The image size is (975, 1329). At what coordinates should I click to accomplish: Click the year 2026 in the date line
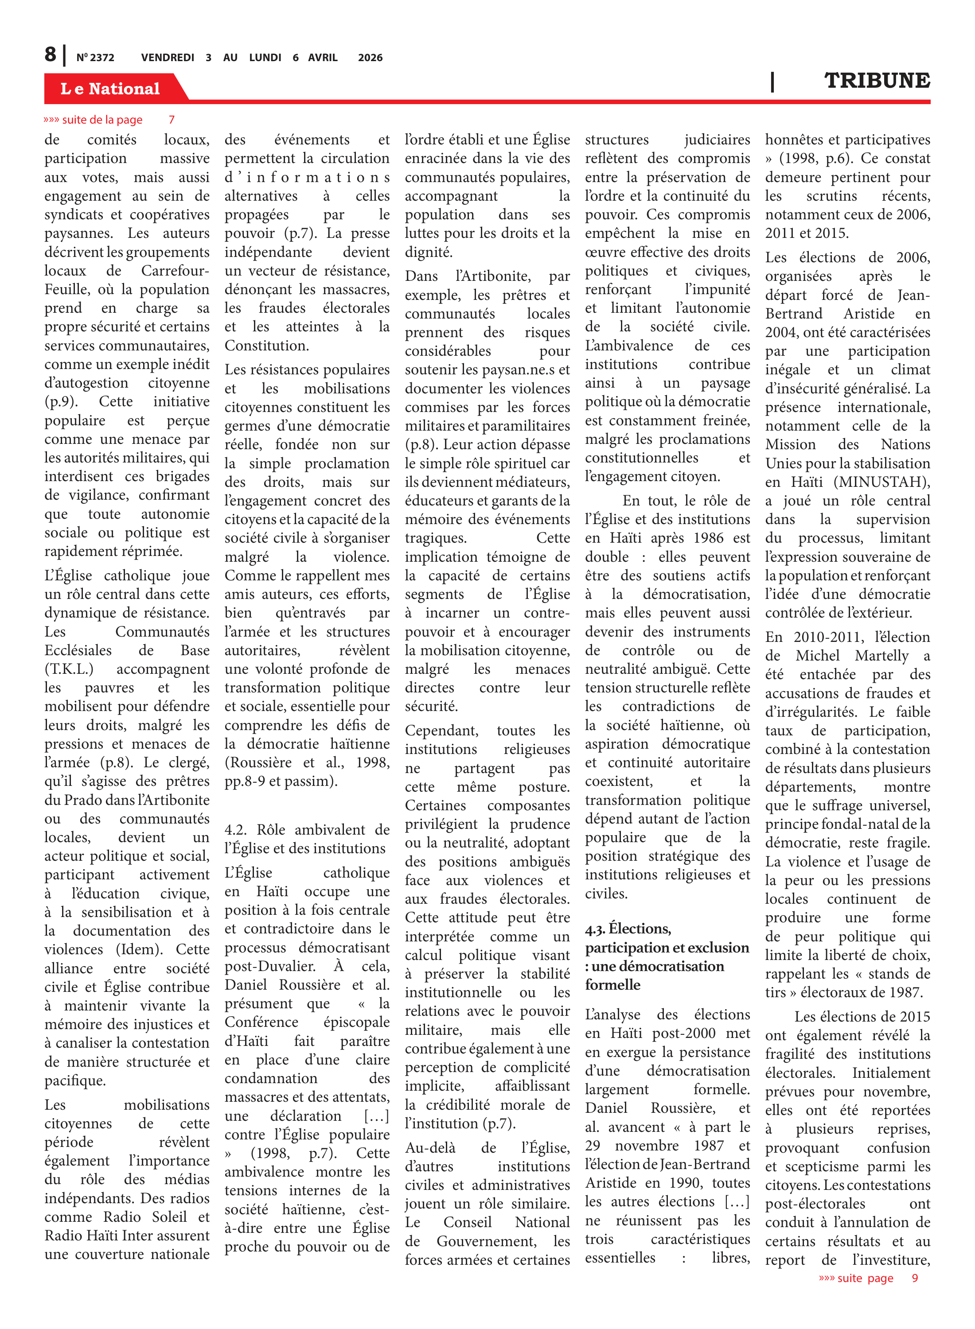coord(370,58)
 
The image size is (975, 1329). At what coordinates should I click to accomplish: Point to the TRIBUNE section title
coord(877,80)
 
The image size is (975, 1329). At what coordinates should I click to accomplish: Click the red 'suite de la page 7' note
coord(109,120)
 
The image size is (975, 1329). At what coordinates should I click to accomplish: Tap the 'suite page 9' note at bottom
coord(868,1278)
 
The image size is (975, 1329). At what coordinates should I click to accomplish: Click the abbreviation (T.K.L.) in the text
coord(69,669)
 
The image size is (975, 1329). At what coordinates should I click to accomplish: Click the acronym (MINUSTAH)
coord(882,482)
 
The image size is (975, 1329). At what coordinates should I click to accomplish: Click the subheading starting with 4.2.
coord(307,838)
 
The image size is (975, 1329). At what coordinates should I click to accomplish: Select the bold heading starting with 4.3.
coord(667,956)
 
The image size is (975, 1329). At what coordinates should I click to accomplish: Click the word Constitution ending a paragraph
coord(266,345)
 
